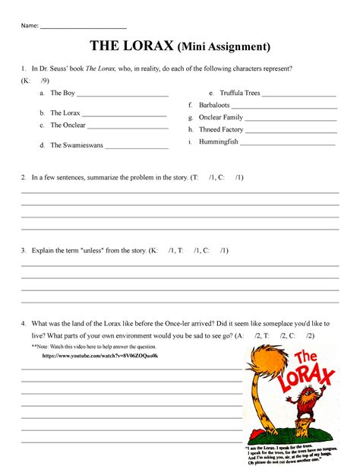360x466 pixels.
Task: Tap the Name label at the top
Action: [x=29, y=25]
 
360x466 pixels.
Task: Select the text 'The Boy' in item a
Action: [x=62, y=94]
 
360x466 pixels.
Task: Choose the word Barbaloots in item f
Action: [x=216, y=105]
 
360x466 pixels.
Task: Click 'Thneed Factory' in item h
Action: [x=221, y=129]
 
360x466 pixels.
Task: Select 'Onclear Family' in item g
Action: [x=221, y=117]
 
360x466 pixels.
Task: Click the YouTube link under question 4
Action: [x=100, y=356]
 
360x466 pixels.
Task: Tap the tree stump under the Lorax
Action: [x=302, y=435]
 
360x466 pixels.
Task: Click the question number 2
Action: [x=24, y=177]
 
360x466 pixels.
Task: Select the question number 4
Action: [x=24, y=322]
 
